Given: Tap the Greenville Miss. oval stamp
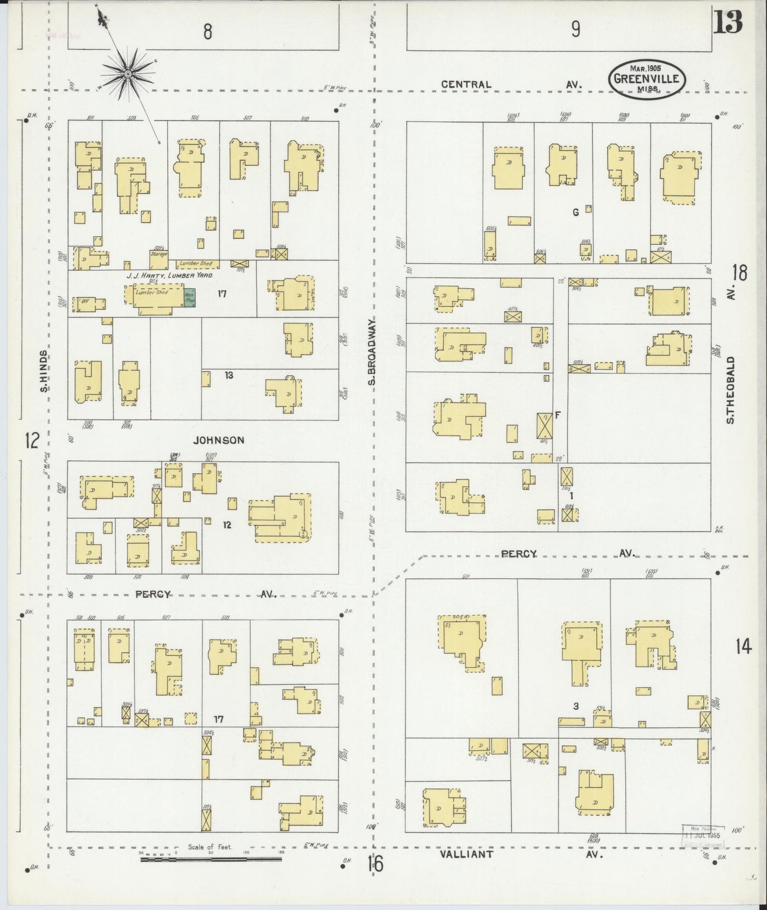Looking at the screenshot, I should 647,79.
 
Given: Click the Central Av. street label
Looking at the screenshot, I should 512,84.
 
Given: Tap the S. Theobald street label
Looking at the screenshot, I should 731,390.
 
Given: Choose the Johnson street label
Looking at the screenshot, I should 219,440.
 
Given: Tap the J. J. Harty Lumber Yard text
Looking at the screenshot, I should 169,276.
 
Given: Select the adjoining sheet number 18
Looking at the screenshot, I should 739,272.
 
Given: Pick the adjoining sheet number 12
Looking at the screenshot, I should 32,440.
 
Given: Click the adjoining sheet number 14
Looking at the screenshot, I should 743,647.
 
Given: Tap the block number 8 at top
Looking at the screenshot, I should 208,32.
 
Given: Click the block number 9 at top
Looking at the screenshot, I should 575,30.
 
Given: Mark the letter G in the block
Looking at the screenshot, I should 575,213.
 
